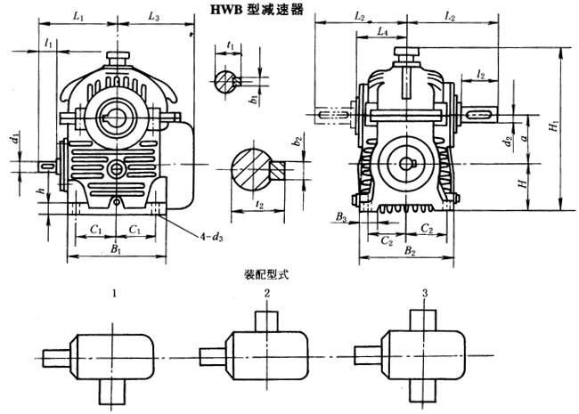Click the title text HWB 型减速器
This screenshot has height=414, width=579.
(x=258, y=11)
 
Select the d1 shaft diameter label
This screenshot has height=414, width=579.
(x=14, y=140)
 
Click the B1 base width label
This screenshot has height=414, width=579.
(x=116, y=251)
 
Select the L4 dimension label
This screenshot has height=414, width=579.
(x=381, y=31)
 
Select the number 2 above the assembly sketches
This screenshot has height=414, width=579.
(x=266, y=293)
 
